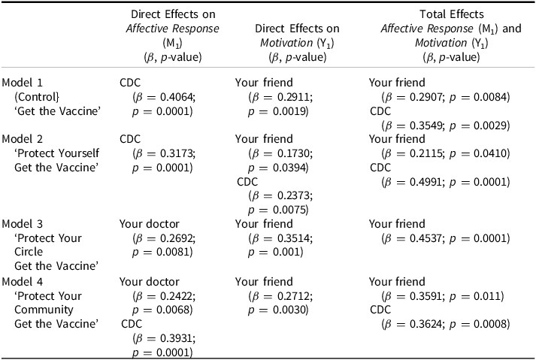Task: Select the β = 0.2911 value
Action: [x=279, y=97]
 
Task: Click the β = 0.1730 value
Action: [x=279, y=153]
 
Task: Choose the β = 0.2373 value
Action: [x=279, y=195]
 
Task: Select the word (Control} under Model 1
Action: [x=37, y=97]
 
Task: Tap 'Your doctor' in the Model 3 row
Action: [x=147, y=224]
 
